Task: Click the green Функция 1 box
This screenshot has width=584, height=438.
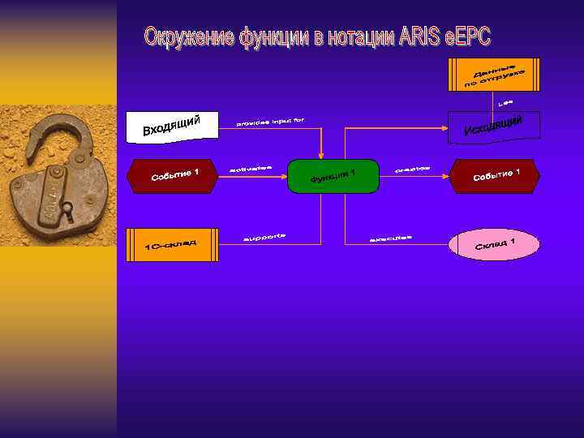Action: pos(333,176)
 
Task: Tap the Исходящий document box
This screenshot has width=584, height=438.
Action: pos(495,127)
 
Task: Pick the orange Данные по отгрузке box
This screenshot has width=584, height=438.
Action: pos(493,74)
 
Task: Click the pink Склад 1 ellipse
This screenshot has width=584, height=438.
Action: pos(495,244)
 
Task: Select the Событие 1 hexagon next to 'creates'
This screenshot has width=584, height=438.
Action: pos(496,176)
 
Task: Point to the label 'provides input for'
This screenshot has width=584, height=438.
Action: pos(270,122)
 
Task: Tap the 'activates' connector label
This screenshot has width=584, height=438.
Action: pos(251,169)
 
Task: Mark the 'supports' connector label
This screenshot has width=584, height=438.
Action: pos(265,238)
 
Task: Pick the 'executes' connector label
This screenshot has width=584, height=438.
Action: pos(390,238)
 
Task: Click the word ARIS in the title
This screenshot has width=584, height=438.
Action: pos(421,37)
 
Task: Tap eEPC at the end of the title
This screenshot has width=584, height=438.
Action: pos(470,37)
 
